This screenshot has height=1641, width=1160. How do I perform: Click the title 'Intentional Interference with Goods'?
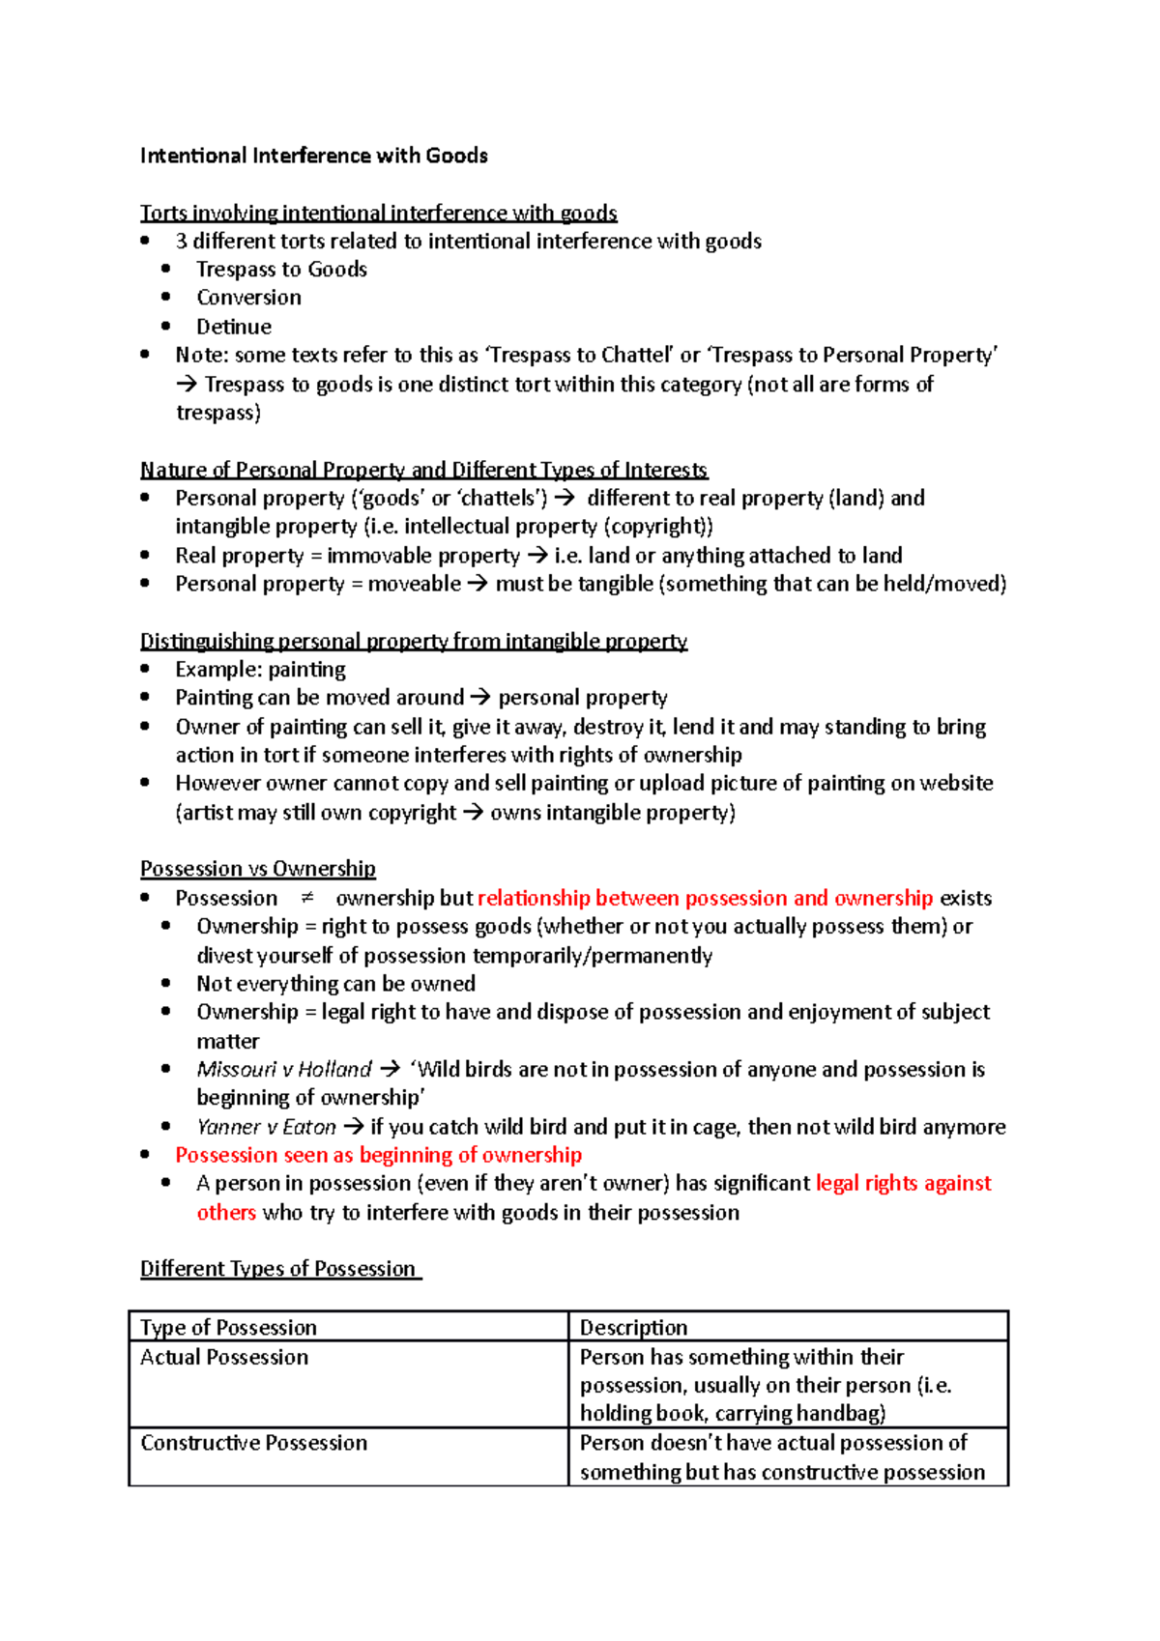pos(313,156)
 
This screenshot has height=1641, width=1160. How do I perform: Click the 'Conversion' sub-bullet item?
pos(248,298)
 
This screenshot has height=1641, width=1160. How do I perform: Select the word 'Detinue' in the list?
pos(234,327)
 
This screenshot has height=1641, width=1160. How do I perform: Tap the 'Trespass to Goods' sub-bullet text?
pos(281,270)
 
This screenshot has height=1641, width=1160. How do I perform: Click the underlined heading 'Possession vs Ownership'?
pos(257,869)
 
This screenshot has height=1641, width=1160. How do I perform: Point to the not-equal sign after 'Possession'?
pos(306,898)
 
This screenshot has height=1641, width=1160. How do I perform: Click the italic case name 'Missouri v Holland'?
pos(284,1069)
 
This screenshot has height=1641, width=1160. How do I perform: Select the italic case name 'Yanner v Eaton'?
pos(266,1127)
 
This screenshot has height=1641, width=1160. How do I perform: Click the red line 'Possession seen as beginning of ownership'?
pos(378,1155)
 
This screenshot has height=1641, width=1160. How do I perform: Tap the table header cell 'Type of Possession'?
pos(228,1328)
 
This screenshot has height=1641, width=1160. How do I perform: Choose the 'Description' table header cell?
pos(633,1328)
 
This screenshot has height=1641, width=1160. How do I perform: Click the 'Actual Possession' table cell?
pos(224,1357)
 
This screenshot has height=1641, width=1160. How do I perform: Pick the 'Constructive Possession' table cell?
pos(253,1443)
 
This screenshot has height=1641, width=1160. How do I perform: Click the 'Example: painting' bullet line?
pos(260,670)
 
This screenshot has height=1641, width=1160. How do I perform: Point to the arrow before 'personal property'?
pos(480,698)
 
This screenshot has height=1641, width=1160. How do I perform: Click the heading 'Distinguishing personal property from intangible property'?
pos(413,642)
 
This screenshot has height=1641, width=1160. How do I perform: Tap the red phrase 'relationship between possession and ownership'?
pos(705,898)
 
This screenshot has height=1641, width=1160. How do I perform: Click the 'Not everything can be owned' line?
pos(335,984)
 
